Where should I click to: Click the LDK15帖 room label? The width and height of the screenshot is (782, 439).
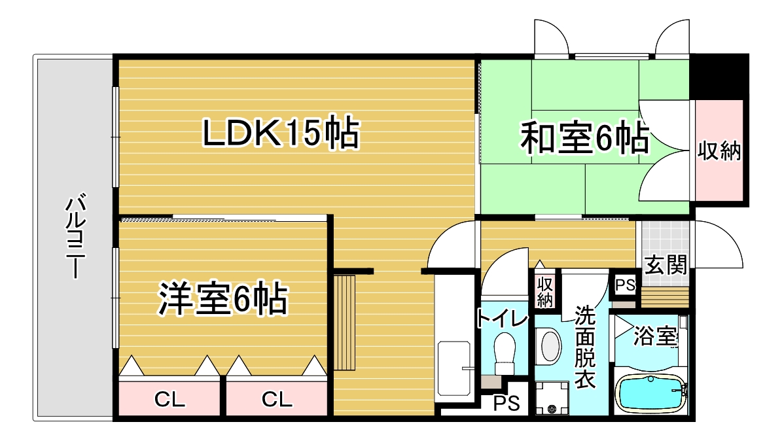tap(281, 133)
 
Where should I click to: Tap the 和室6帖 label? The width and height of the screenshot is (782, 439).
tap(585, 137)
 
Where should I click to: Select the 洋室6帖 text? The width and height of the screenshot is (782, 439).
tap(223, 299)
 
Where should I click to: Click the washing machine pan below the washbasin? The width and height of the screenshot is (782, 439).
tap(552, 398)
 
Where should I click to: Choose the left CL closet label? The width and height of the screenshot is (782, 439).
tap(169, 399)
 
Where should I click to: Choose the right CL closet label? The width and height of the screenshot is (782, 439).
tap(277, 399)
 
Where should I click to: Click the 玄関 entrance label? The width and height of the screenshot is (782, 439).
tap(666, 265)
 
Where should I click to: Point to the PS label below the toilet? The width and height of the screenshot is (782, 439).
tap(507, 403)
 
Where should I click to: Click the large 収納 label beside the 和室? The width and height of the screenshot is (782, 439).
tap(719, 150)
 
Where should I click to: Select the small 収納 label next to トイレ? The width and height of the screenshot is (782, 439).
tap(545, 292)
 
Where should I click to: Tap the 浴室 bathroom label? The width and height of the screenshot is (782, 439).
tap(656, 336)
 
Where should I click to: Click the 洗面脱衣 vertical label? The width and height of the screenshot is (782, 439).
tap(585, 347)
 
